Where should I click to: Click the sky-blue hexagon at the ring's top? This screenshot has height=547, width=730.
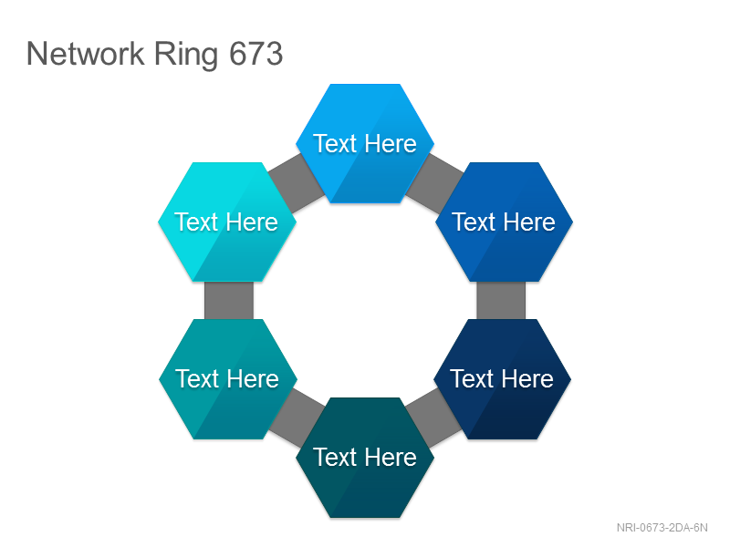point(365,143)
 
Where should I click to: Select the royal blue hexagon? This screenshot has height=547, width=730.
point(505,222)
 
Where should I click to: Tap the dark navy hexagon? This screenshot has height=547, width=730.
point(503,379)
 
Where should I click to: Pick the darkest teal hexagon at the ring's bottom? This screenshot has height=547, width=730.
point(365,458)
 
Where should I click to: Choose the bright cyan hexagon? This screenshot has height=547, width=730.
point(227,222)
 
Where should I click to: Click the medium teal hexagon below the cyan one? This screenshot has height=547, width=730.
point(228,379)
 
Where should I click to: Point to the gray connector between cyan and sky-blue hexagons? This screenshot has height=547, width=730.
point(297,183)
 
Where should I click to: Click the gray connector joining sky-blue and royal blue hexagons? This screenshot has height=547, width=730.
point(434,183)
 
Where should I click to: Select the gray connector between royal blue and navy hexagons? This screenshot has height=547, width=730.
point(501,301)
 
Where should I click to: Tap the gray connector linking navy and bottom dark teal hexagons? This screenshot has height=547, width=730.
point(434,418)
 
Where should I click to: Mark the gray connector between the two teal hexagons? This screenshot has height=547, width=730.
point(297,418)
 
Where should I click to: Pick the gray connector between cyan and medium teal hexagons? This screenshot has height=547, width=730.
point(229,301)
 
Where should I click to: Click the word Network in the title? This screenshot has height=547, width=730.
point(86,54)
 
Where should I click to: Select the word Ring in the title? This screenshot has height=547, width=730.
point(186,55)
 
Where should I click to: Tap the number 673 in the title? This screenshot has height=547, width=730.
point(256,54)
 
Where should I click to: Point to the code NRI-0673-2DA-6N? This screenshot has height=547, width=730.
point(662,528)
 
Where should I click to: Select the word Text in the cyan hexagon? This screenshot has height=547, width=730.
point(195,222)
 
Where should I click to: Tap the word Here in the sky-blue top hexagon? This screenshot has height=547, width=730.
point(391,143)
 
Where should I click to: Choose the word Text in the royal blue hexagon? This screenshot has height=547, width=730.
point(474,222)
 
